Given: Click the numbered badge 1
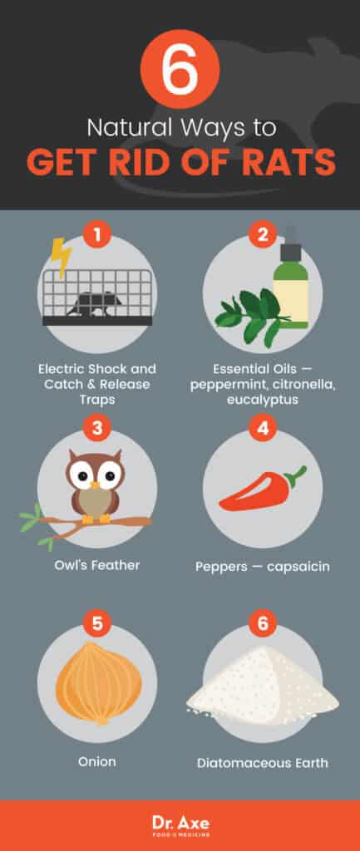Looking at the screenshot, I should coord(97,234).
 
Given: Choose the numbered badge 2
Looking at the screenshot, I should coord(262,234).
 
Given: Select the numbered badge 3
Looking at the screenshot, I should coord(97,430).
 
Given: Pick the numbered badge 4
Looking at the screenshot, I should coord(262,430).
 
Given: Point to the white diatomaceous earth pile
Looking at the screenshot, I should coord(263,687).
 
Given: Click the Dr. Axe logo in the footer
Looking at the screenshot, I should coord(180,824).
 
